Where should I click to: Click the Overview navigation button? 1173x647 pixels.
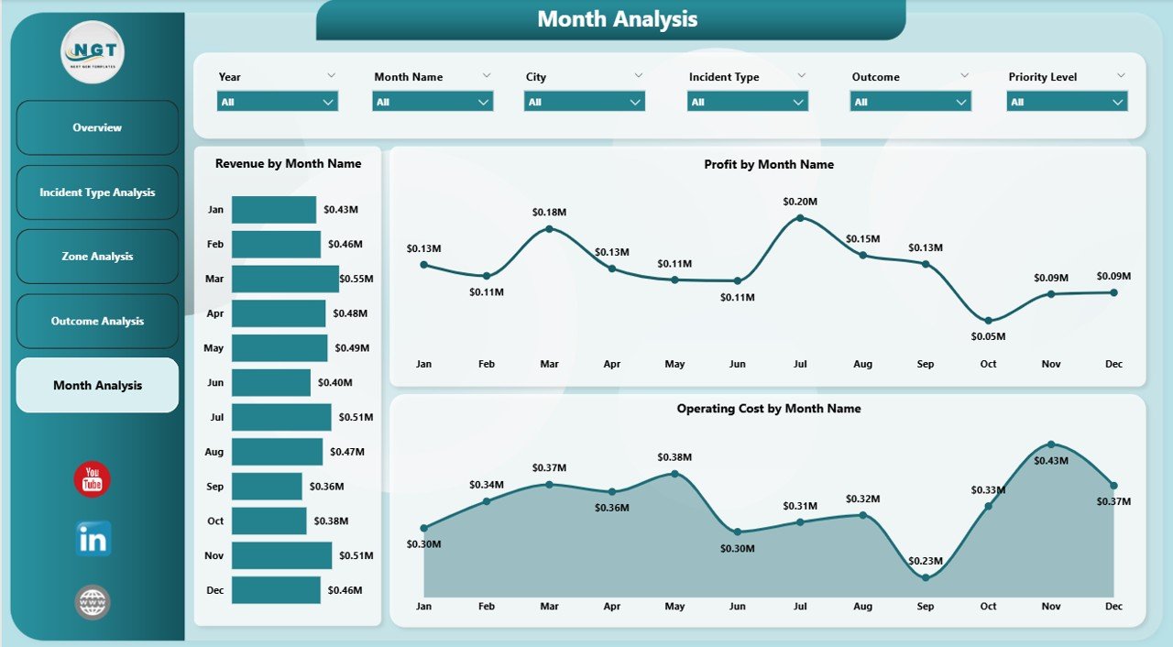(97, 127)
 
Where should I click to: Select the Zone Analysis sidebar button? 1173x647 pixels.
(97, 257)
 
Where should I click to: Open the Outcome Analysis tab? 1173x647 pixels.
(97, 321)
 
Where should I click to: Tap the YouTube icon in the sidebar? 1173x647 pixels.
(92, 479)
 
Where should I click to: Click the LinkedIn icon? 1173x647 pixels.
(93, 539)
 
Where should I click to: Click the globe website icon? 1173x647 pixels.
(93, 602)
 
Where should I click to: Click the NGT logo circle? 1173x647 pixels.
(92, 52)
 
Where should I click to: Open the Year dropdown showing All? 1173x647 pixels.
(277, 102)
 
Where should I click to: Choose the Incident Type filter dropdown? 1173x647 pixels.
(747, 102)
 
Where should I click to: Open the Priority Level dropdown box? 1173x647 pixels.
(1067, 102)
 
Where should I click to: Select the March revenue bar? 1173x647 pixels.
(284, 279)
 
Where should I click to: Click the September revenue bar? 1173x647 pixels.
(266, 487)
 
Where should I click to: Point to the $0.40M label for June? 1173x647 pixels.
(335, 382)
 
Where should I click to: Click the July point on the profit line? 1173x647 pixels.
(800, 218)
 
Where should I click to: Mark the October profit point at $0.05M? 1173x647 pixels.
(988, 320)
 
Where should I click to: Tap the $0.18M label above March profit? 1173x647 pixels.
(549, 212)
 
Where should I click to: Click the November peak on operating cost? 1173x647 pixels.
(1051, 444)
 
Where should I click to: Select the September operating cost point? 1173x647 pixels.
(926, 577)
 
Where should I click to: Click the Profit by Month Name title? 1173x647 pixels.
(768, 165)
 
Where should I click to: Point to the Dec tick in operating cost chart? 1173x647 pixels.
(1113, 607)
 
